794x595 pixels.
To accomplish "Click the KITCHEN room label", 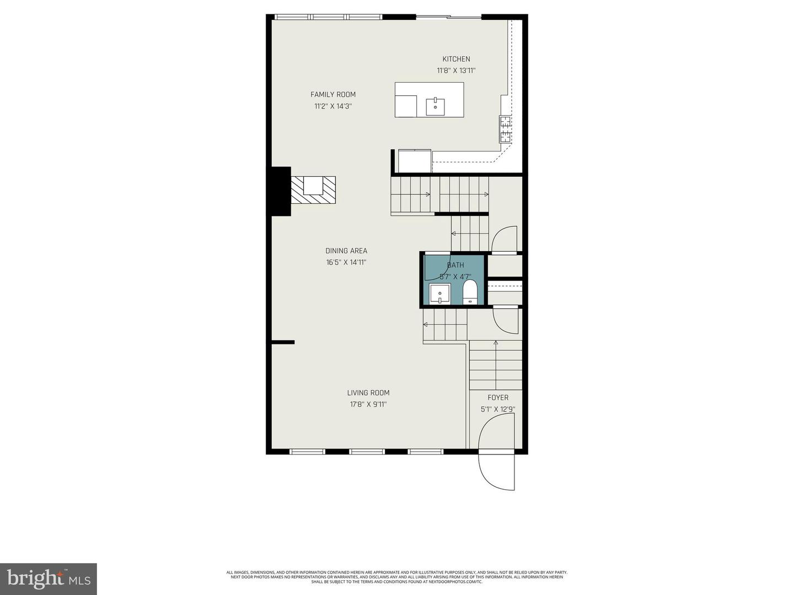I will pyautogui.click(x=456, y=59).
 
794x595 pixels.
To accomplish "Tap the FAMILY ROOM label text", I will pyautogui.click(x=333, y=94).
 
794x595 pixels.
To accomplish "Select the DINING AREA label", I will pyautogui.click(x=346, y=251).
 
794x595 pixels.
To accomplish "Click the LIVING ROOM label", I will pyautogui.click(x=368, y=393).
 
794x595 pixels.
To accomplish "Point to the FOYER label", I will pyautogui.click(x=498, y=397).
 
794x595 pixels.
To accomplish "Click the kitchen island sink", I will pyautogui.click(x=436, y=105).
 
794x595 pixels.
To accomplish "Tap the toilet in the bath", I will pyautogui.click(x=470, y=291).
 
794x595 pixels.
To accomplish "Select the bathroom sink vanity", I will pyautogui.click(x=440, y=294).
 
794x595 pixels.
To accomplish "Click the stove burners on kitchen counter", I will pyautogui.click(x=505, y=129).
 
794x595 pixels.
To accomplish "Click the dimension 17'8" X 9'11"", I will pyautogui.click(x=368, y=404).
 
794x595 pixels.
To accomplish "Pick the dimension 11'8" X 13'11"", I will pyautogui.click(x=456, y=71).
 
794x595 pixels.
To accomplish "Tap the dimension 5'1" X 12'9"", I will pyautogui.click(x=498, y=409).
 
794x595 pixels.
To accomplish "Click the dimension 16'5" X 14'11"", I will pyautogui.click(x=346, y=262).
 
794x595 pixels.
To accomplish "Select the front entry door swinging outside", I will pyautogui.click(x=496, y=471).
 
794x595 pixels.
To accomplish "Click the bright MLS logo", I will pyautogui.click(x=49, y=578).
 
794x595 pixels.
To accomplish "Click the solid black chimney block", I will pyautogui.click(x=280, y=191).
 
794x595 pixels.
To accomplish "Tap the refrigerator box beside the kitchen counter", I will pyautogui.click(x=415, y=161).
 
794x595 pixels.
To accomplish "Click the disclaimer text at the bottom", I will pyautogui.click(x=396, y=577).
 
